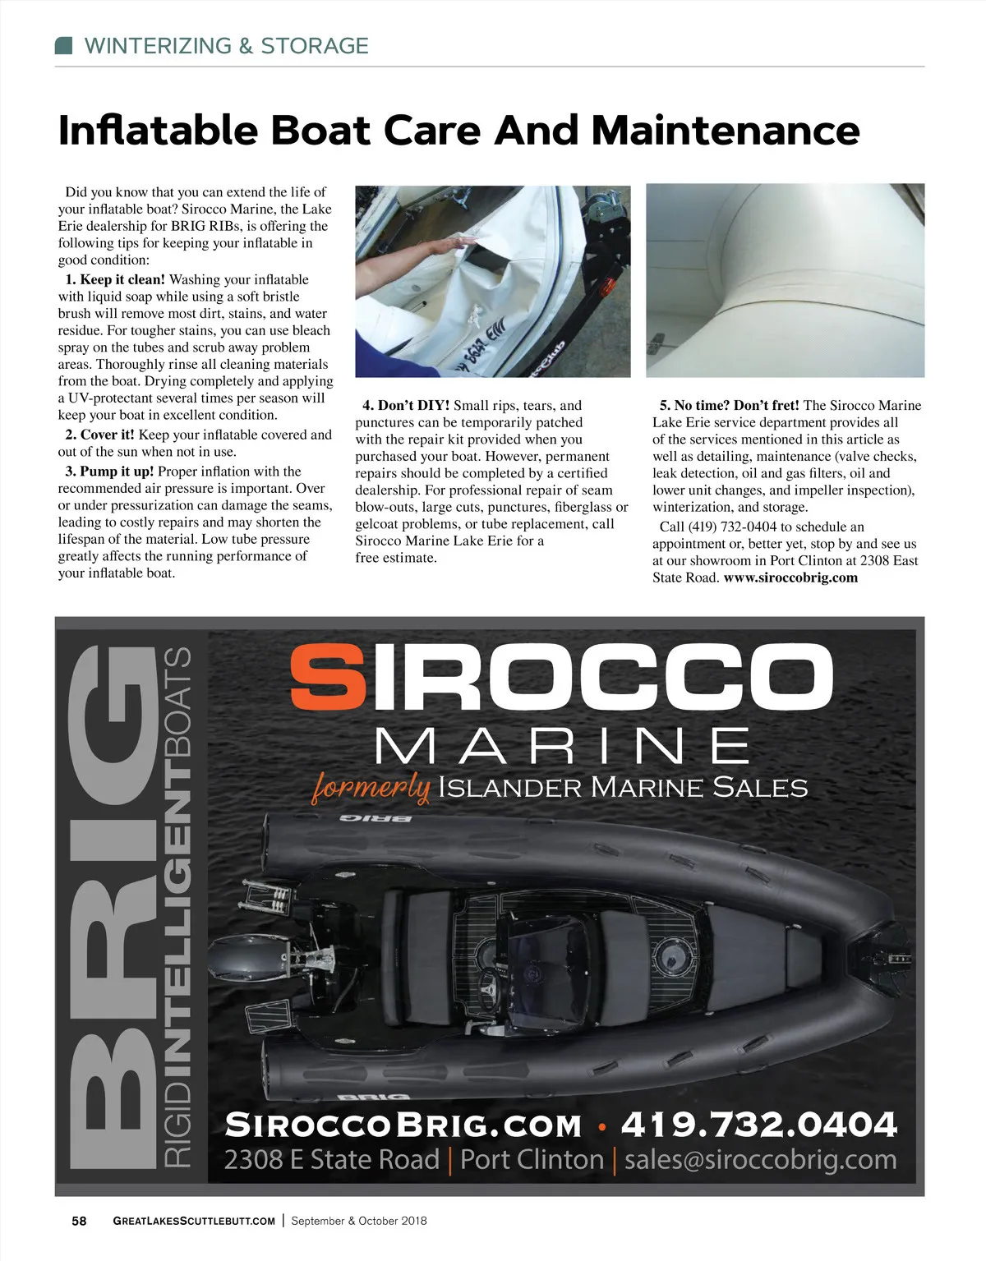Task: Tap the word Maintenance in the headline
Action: [x=726, y=131]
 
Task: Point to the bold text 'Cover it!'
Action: [x=108, y=435]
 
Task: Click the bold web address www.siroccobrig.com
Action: [x=790, y=578]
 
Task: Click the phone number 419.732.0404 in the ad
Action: [x=758, y=1125]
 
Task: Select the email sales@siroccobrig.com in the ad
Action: [x=761, y=1159]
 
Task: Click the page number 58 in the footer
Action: [x=79, y=1221]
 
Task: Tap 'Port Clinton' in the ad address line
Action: [x=532, y=1159]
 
